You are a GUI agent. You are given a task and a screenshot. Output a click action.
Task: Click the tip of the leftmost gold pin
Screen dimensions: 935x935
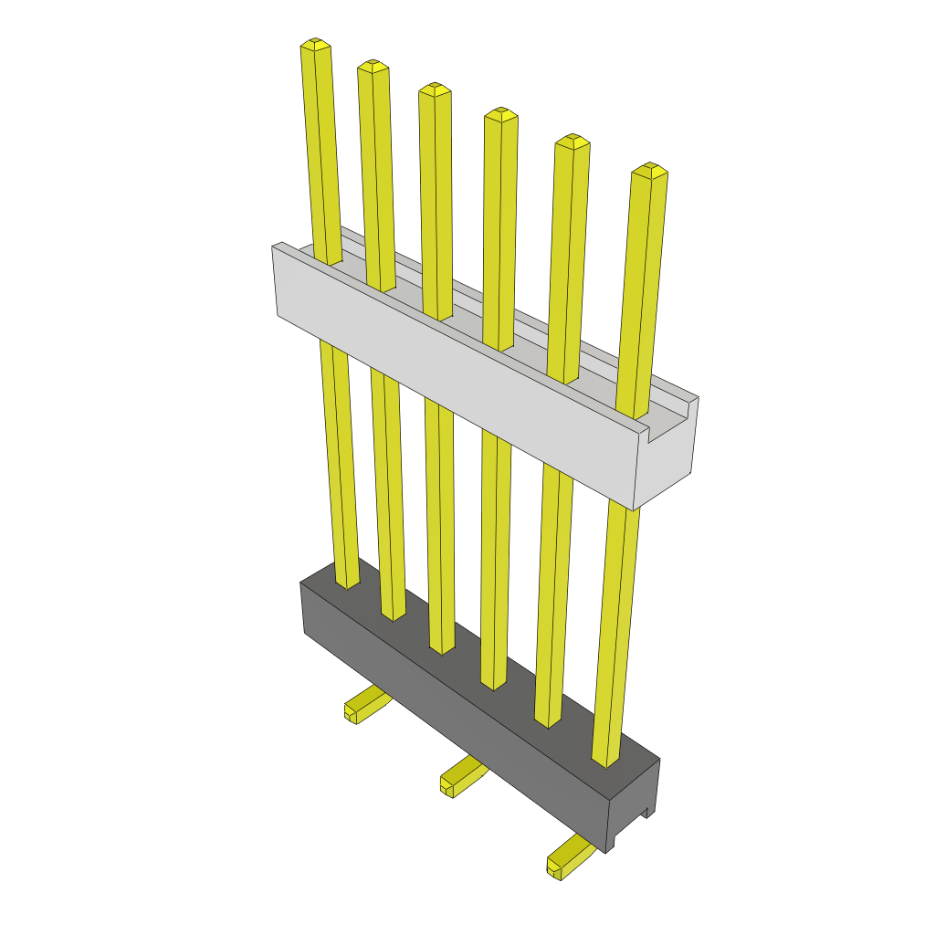pos(314,44)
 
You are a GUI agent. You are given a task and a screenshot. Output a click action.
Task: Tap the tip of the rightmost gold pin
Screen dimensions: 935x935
pos(649,170)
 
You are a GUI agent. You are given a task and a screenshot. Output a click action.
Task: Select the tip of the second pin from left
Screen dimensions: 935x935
pos(373,66)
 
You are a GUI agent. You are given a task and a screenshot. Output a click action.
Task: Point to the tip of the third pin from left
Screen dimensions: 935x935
pos(435,89)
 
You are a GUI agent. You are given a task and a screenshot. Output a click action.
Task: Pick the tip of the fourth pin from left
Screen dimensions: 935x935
pos(500,114)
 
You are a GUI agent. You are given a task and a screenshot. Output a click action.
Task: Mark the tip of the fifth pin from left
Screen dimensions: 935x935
pos(573,141)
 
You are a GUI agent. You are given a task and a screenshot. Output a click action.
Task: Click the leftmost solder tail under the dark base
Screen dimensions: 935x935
pos(365,705)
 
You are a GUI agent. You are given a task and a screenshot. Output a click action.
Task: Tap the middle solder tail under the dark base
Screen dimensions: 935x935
pos(461,776)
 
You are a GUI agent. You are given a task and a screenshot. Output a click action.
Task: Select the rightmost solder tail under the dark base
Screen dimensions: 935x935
pos(567,858)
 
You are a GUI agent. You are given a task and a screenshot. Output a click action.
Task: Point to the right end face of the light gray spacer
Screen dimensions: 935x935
pos(667,447)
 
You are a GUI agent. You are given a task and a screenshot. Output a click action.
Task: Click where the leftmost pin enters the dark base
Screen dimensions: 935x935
pos(348,582)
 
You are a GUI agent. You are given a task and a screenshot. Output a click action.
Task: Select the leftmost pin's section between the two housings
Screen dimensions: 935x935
pos(338,457)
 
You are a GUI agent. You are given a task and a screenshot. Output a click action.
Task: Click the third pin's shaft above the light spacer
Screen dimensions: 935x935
pos(436,201)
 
